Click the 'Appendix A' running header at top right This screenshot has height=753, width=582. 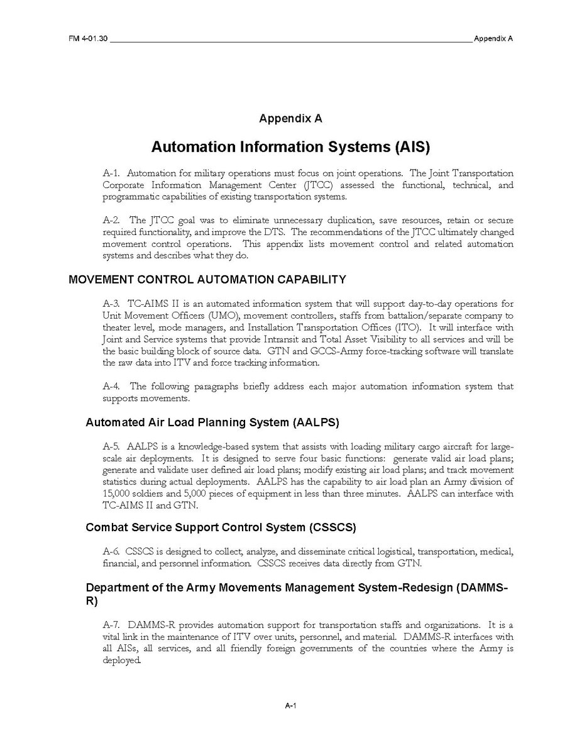(x=493, y=38)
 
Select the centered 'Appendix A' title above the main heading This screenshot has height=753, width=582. (x=290, y=118)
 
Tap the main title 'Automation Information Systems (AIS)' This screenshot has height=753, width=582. (x=290, y=147)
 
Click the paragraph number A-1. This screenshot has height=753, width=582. (x=111, y=173)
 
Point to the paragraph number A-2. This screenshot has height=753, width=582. (x=111, y=221)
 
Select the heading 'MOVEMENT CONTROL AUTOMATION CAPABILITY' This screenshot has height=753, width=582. (x=207, y=280)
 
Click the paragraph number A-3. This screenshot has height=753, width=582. (x=111, y=304)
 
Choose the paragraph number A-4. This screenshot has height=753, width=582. (x=111, y=387)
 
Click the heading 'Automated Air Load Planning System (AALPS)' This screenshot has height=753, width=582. (x=212, y=422)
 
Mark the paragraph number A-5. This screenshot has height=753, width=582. (x=111, y=447)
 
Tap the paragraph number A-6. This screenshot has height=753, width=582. (x=111, y=552)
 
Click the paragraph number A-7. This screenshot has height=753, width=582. (x=111, y=625)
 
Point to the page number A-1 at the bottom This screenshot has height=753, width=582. (x=290, y=706)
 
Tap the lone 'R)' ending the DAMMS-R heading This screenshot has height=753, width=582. (x=91, y=601)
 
